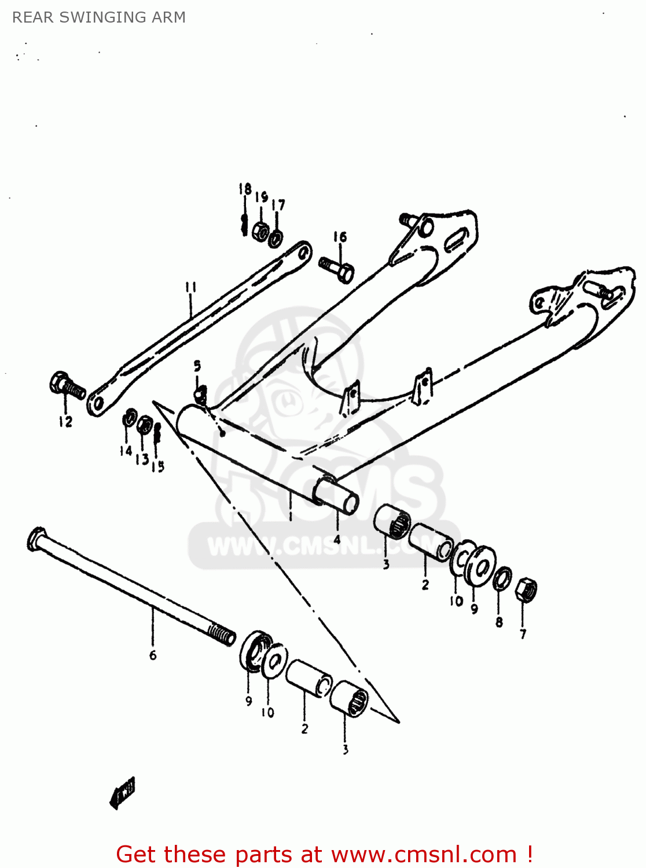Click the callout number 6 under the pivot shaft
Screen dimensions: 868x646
(x=153, y=655)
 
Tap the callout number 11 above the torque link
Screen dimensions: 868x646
(x=191, y=288)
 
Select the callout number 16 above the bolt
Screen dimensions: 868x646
(x=340, y=237)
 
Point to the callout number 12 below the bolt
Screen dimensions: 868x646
(x=65, y=422)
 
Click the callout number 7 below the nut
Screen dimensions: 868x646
(x=523, y=634)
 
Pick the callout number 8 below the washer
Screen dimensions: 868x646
(x=499, y=623)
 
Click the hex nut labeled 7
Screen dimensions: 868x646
(x=526, y=590)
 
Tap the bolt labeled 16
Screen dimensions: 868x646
(x=337, y=270)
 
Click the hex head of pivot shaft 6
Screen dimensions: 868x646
(x=36, y=538)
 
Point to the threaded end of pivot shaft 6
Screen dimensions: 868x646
(x=222, y=634)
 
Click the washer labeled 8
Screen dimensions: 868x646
(x=502, y=578)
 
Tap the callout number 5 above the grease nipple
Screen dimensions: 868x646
(x=197, y=366)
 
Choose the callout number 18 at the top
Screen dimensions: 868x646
(x=245, y=189)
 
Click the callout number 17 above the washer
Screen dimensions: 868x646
(x=278, y=205)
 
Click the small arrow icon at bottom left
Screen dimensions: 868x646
(x=123, y=792)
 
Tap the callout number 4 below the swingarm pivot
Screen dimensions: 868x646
(x=337, y=539)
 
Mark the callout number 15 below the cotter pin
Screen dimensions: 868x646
(x=158, y=466)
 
